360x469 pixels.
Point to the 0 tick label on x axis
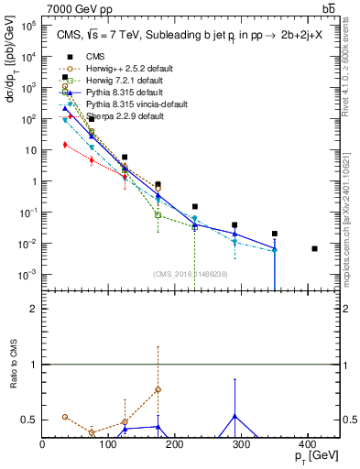click(43, 442)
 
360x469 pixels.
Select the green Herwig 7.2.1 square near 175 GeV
click(158, 215)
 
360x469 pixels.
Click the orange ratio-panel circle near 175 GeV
click(158, 389)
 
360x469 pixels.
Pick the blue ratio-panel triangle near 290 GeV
click(235, 416)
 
